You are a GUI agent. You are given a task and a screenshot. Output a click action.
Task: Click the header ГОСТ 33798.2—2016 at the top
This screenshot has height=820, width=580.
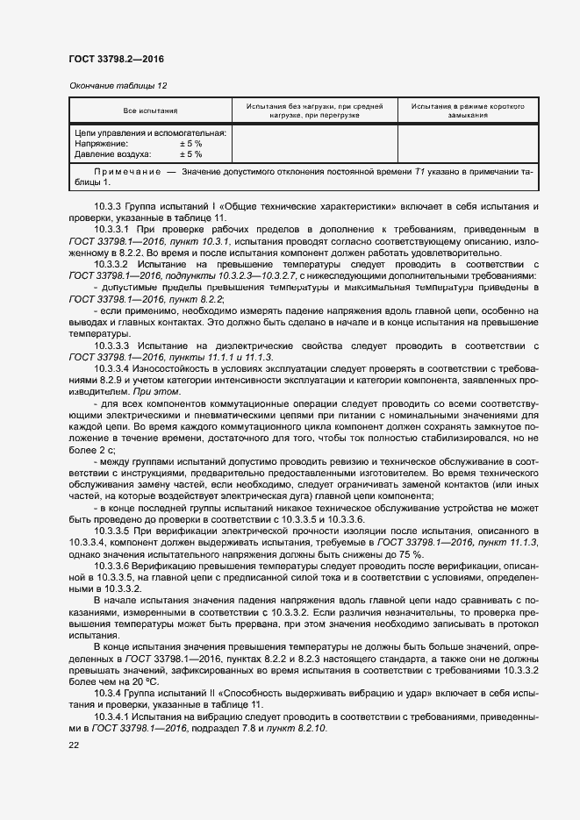116,59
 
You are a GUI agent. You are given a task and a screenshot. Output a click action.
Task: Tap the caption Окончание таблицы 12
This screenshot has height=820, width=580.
118,85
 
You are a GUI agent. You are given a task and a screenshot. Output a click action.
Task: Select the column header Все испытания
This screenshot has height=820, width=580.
150,111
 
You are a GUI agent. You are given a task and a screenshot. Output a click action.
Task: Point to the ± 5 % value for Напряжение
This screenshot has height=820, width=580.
190,143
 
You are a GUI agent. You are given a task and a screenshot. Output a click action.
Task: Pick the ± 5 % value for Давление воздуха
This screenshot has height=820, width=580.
190,153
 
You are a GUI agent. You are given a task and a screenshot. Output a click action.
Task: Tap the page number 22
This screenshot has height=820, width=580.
74,745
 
